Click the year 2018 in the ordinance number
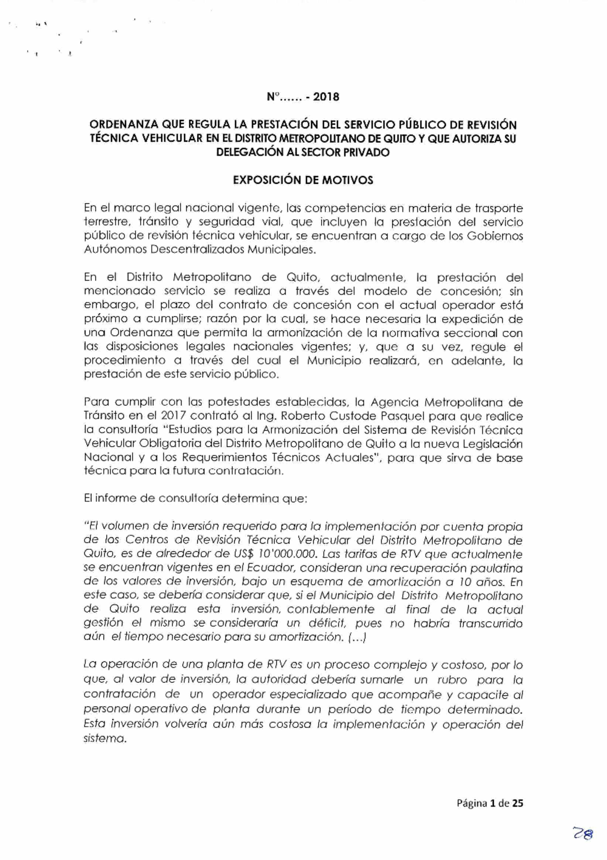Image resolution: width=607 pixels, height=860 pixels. coord(326,97)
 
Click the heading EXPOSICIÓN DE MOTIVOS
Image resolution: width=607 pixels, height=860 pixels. coord(303,180)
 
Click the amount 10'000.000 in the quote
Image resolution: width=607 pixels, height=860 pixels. coord(284,554)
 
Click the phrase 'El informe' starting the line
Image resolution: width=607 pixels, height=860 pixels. coord(107,498)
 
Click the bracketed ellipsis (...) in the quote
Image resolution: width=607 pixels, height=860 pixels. coord(357,637)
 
